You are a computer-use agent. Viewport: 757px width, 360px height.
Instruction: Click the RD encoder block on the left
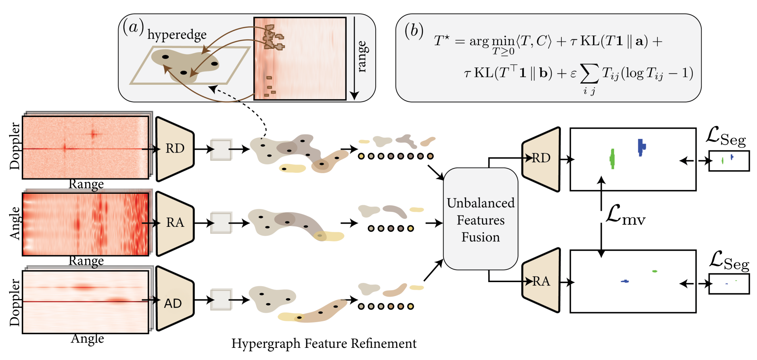click(x=175, y=149)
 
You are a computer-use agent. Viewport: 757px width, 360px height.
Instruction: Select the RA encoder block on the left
click(x=175, y=223)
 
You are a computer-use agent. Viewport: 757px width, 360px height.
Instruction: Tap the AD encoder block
click(x=175, y=299)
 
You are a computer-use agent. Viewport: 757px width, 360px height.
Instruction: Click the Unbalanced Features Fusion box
click(x=481, y=219)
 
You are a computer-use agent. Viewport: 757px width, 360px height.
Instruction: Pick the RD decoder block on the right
click(x=541, y=159)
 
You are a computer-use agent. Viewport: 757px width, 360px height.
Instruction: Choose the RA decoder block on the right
click(x=541, y=280)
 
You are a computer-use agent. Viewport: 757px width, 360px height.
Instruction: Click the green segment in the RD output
click(x=613, y=159)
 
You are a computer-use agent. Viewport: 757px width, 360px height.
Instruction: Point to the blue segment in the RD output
click(x=641, y=147)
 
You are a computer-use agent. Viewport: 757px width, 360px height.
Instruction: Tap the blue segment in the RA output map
click(x=625, y=281)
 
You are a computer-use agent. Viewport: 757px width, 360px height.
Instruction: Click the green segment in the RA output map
click(x=655, y=271)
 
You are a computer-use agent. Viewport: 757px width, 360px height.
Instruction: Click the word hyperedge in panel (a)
click(x=177, y=35)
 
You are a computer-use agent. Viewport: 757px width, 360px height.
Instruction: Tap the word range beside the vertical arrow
click(x=362, y=57)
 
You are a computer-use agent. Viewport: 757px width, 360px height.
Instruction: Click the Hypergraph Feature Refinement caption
click(x=324, y=343)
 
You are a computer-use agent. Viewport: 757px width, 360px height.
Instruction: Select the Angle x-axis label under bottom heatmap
click(x=87, y=339)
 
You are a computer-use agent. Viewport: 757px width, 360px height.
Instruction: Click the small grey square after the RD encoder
click(x=221, y=150)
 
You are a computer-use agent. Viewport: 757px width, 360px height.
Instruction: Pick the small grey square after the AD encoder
click(x=221, y=299)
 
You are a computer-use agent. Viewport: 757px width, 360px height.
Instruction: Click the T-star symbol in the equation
click(x=442, y=41)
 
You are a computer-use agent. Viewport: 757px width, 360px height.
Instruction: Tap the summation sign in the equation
click(x=589, y=74)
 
